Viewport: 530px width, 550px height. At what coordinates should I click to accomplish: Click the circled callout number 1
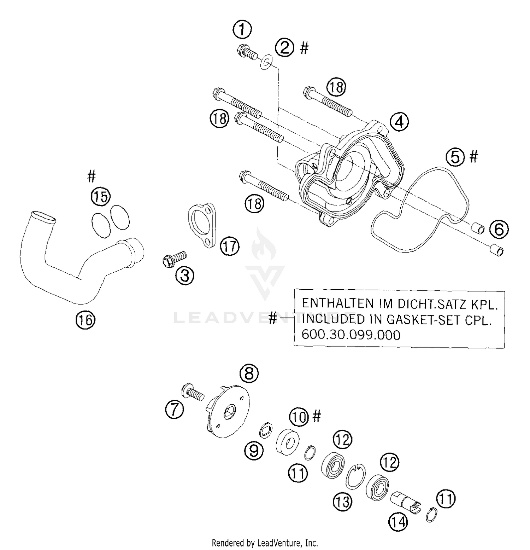242,29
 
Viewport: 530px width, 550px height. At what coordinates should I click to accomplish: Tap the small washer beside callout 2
266,62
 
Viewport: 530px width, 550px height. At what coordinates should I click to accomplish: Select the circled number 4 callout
399,122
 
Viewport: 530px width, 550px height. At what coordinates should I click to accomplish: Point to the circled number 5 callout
455,157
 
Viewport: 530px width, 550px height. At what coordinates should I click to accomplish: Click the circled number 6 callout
499,230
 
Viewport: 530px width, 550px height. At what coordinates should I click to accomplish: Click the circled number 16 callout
86,320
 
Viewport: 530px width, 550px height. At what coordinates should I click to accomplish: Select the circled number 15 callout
101,196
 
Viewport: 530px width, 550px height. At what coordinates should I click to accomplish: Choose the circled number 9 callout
254,451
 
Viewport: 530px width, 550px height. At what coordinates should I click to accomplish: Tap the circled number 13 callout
342,502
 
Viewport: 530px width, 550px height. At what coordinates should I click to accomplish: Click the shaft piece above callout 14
404,501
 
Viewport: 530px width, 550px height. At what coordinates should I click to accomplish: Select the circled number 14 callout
398,521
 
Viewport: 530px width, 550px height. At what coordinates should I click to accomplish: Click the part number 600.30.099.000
351,335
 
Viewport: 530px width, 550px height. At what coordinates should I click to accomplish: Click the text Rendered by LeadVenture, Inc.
265,543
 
